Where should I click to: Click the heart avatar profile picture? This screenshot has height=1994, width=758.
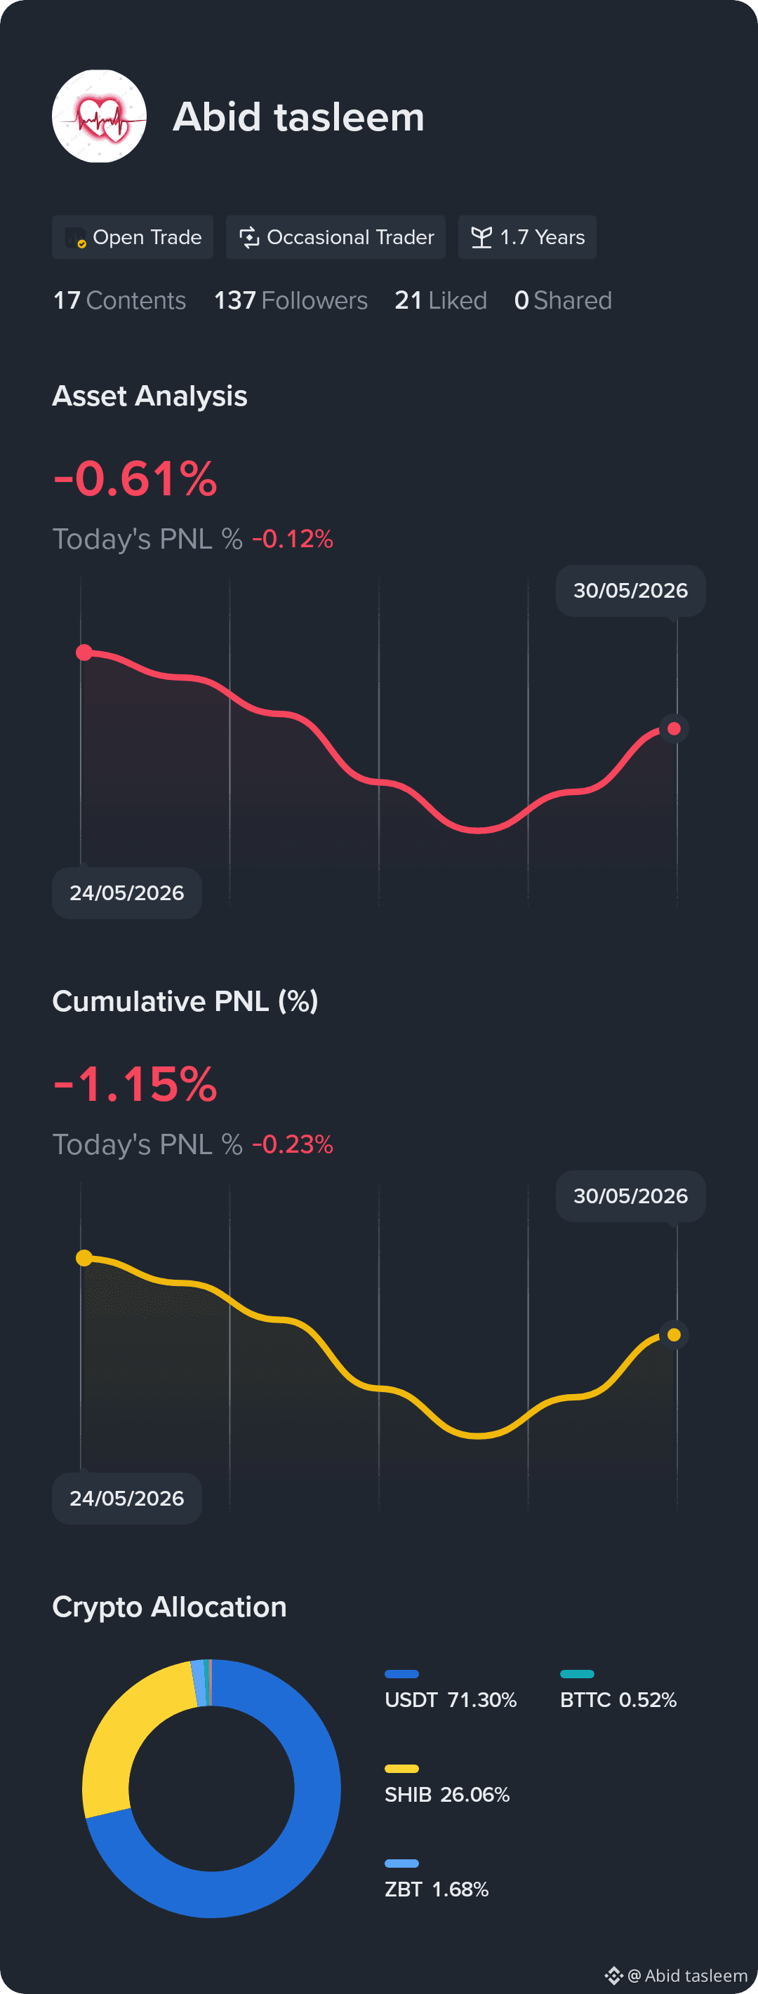pyautogui.click(x=99, y=116)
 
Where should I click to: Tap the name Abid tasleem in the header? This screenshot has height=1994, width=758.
pyautogui.click(x=299, y=117)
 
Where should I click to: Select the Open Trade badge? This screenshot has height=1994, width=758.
pyautogui.click(x=133, y=237)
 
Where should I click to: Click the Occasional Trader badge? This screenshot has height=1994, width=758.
pyautogui.click(x=335, y=237)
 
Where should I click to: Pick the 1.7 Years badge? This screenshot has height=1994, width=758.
pyautogui.click(x=527, y=237)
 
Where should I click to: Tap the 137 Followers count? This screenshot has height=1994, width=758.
pyautogui.click(x=291, y=300)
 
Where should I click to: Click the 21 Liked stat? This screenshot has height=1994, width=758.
pyautogui.click(x=441, y=300)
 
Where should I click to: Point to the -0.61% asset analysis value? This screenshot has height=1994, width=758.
pyautogui.click(x=135, y=479)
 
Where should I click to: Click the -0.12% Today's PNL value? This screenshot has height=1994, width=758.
pyautogui.click(x=293, y=539)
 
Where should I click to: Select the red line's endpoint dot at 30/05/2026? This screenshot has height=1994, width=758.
pyautogui.click(x=674, y=728)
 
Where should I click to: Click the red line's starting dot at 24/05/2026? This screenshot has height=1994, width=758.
pyautogui.click(x=84, y=653)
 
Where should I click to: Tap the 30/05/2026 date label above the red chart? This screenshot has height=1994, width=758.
pyautogui.click(x=630, y=591)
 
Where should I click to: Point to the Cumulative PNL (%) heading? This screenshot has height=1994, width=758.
pyautogui.click(x=185, y=1001)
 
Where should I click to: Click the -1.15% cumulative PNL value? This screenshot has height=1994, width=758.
pyautogui.click(x=135, y=1084)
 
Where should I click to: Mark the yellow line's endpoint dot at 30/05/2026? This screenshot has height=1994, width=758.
pyautogui.click(x=674, y=1334)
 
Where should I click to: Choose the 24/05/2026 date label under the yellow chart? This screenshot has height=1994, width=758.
pyautogui.click(x=127, y=1499)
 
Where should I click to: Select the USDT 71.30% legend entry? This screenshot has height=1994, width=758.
pyautogui.click(x=451, y=1691)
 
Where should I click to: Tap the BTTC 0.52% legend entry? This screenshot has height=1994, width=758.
pyautogui.click(x=618, y=1691)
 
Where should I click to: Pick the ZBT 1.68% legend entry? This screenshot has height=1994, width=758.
pyautogui.click(x=437, y=1880)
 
